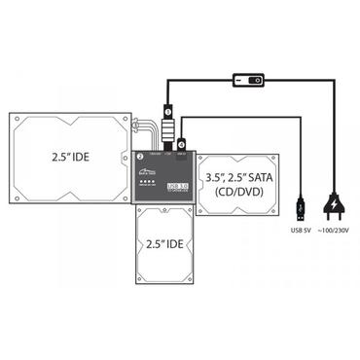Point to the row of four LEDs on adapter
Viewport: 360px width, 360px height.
click(x=148, y=183)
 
